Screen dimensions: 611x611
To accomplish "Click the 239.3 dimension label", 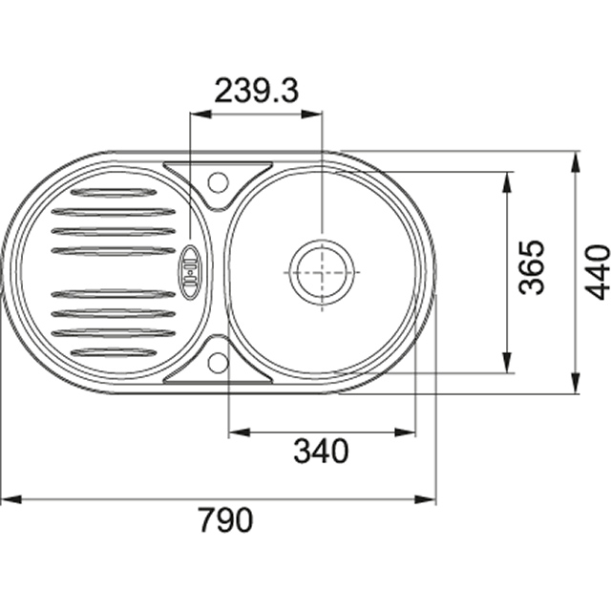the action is click(x=257, y=91).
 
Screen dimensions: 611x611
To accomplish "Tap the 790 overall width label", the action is click(x=226, y=519).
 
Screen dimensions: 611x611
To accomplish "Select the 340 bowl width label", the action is click(x=321, y=451).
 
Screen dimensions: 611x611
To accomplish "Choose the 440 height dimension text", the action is click(x=597, y=272).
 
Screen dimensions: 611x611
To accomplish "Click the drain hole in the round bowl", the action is click(x=322, y=272).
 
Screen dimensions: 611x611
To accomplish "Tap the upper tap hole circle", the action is click(x=218, y=182).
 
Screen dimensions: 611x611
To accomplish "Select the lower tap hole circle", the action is click(x=218, y=363).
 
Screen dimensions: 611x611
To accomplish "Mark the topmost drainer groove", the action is click(x=114, y=192).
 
